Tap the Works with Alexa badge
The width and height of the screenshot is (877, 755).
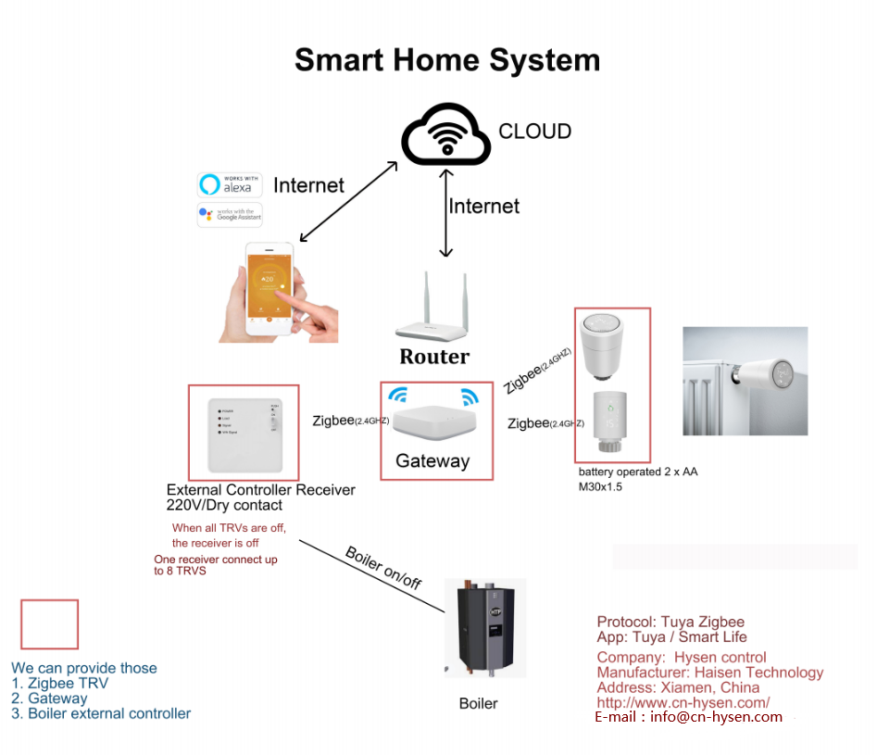pos(230,183)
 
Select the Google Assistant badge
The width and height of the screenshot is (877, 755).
pos(230,215)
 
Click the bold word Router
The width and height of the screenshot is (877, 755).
pos(434,357)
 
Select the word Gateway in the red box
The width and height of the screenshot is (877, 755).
pos(432,460)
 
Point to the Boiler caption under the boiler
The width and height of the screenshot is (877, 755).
pos(478,704)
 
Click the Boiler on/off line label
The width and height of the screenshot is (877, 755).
pos(383,568)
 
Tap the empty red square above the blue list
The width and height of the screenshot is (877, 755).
pos(49,624)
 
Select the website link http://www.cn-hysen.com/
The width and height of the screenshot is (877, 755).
pos(683,703)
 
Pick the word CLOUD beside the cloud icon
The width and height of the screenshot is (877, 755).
pos(534,132)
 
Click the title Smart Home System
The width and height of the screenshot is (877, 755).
pos(447,60)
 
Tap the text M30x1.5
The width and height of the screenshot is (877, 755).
pos(600,486)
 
